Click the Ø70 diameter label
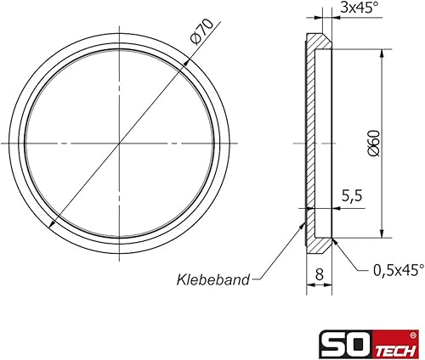(x=202, y=32)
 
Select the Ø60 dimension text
(x=373, y=143)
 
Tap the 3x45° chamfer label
(x=359, y=8)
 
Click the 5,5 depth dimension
(x=352, y=196)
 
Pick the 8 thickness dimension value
(x=320, y=274)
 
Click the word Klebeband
(x=213, y=279)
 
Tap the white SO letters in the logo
(x=346, y=344)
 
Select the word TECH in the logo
(x=396, y=351)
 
